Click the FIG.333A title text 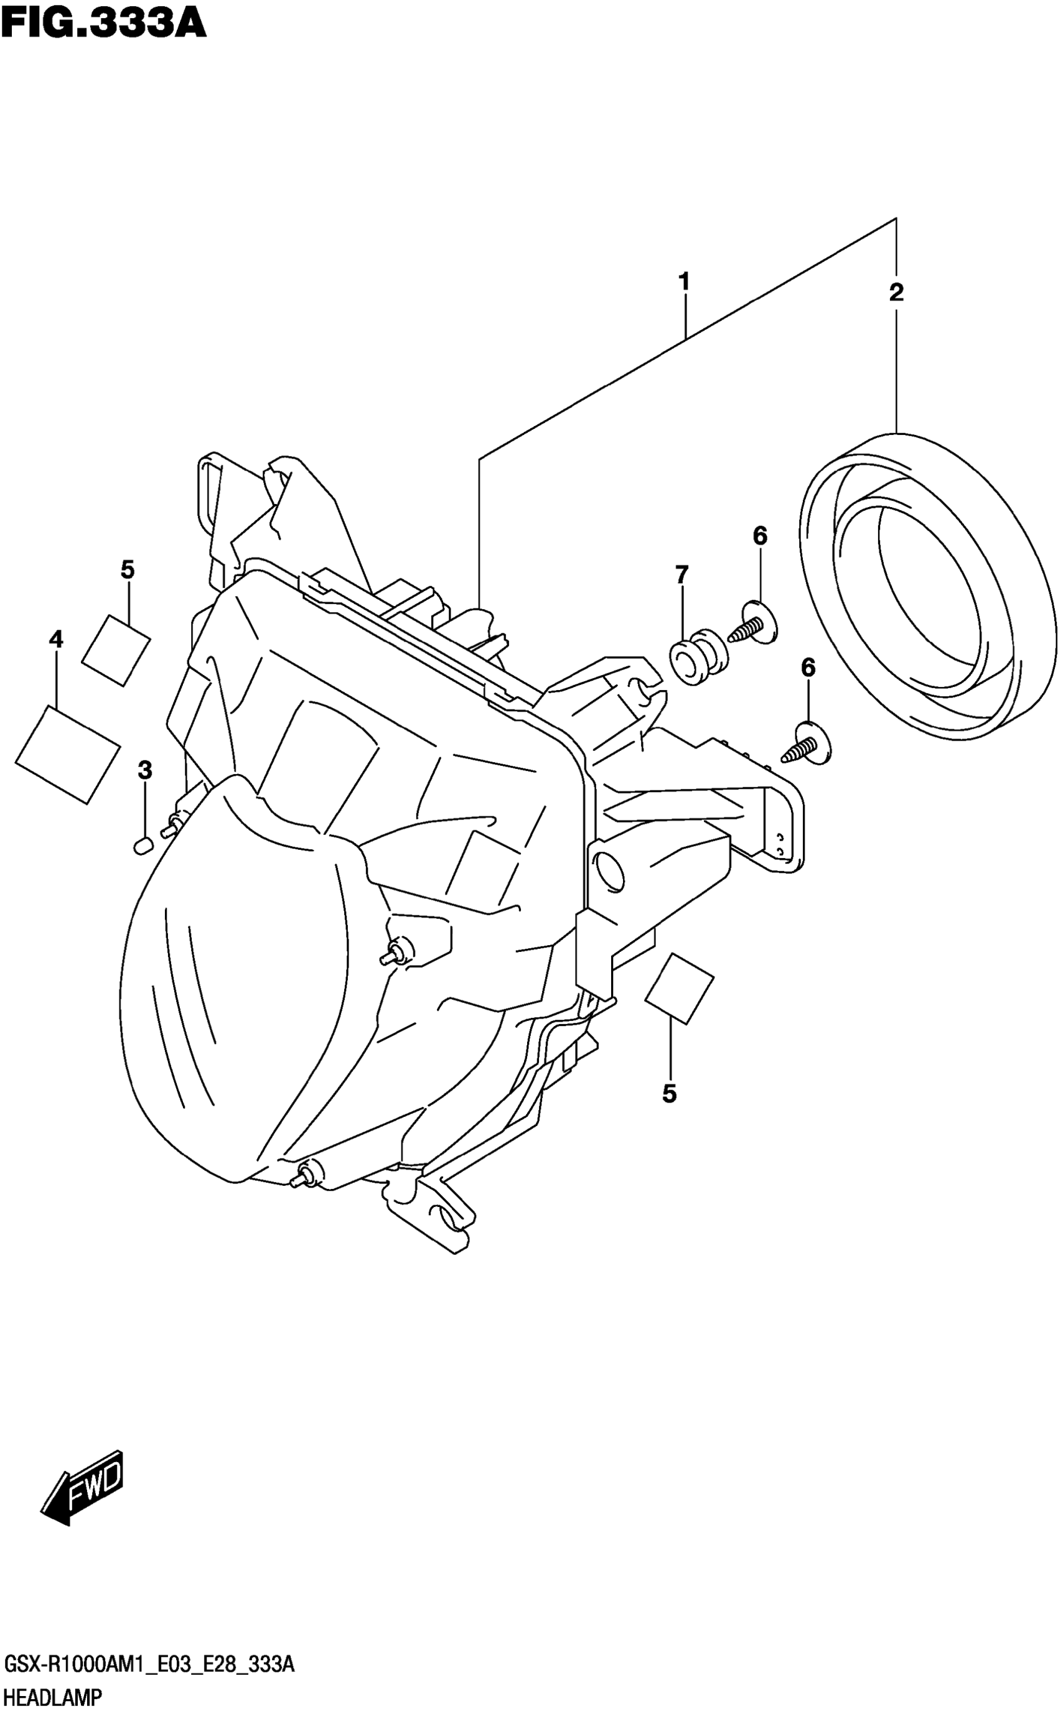103,24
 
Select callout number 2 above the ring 896,292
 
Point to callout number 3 144,770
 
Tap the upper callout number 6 760,536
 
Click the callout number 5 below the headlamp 670,1093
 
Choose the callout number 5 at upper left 128,570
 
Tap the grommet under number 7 698,657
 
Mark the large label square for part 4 67,754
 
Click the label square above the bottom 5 678,989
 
